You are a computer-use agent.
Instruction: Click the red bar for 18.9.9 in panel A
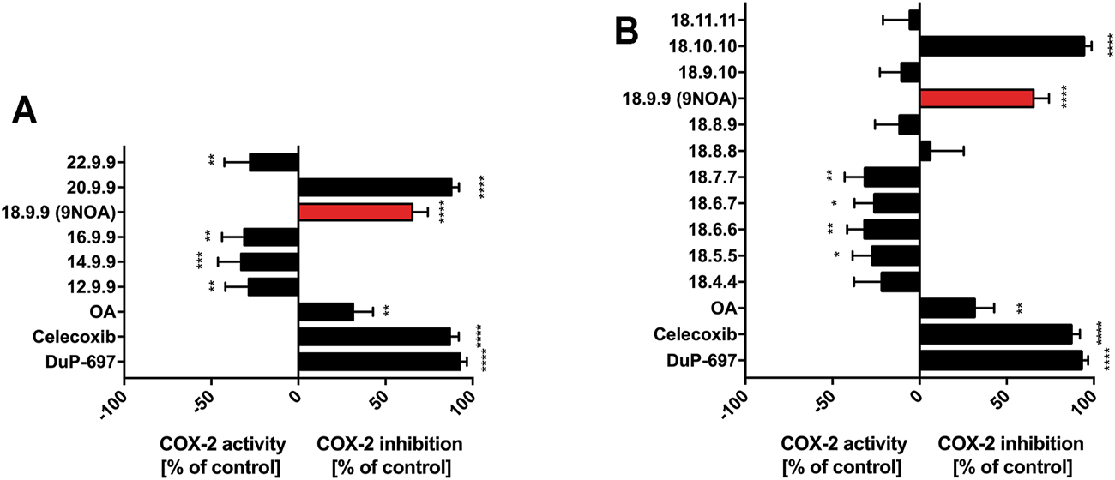coord(355,213)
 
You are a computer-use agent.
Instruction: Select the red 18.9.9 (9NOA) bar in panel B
coord(976,99)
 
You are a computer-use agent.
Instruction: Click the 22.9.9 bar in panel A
coord(274,162)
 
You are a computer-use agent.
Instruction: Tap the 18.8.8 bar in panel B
coord(925,151)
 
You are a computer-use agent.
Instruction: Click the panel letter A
coord(27,112)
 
